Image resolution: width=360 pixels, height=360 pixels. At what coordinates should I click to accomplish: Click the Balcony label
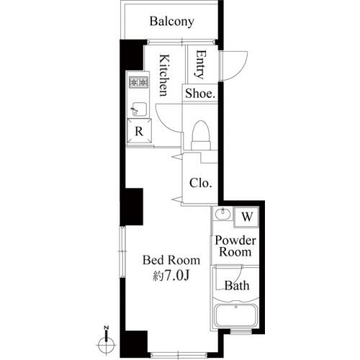[x=172, y=22]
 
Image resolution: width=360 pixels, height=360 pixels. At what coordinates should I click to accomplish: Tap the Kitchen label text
[x=165, y=76]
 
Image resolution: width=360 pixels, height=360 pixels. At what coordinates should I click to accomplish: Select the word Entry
[x=201, y=64]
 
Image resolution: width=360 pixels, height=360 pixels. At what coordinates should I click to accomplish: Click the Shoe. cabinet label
[x=200, y=94]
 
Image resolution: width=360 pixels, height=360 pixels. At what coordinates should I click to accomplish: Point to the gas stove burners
[x=138, y=82]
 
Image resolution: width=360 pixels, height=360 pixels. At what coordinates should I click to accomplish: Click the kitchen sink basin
[x=139, y=109]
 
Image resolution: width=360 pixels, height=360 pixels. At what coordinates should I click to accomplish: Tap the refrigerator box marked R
[x=139, y=131]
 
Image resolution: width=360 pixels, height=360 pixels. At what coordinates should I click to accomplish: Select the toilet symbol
[x=201, y=135]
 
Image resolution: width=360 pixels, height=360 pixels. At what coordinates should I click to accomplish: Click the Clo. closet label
[x=201, y=183]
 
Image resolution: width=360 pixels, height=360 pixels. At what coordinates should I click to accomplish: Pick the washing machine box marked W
[x=246, y=217]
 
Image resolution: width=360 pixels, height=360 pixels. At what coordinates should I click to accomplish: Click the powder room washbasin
[x=222, y=213]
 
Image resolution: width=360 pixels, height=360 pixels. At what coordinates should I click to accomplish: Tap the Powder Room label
[x=235, y=246]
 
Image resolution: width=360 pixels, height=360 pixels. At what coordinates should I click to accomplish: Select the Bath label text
[x=237, y=286]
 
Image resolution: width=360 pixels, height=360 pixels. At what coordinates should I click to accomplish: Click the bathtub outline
[x=235, y=315]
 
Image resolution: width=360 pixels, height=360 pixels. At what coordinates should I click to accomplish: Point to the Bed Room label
[x=171, y=260]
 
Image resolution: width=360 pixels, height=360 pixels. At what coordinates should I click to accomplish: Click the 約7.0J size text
[x=171, y=275]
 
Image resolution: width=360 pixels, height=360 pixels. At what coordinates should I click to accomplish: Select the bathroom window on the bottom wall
[x=240, y=332]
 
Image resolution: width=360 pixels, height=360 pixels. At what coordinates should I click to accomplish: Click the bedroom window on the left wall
[x=122, y=251]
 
